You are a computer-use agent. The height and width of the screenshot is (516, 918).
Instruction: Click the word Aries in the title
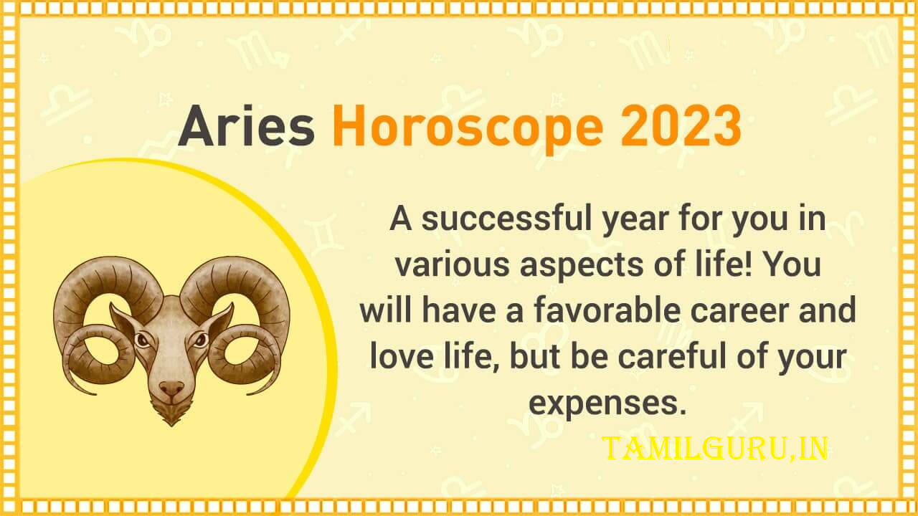pyautogui.click(x=246, y=125)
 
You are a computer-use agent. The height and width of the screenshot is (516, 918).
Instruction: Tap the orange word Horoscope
pyautogui.click(x=468, y=130)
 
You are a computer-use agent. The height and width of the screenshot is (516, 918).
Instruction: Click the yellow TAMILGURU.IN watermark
pyautogui.click(x=715, y=449)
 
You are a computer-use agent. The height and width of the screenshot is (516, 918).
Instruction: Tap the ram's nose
pyautogui.click(x=171, y=388)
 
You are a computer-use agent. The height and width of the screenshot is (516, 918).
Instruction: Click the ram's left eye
pyautogui.click(x=142, y=340)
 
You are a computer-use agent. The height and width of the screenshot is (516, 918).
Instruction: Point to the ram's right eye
pyautogui.click(x=201, y=340)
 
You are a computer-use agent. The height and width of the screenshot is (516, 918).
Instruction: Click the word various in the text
pyautogui.click(x=452, y=266)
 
